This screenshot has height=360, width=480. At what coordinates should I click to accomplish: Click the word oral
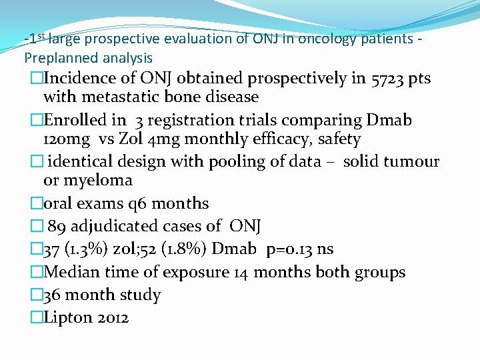point(58,204)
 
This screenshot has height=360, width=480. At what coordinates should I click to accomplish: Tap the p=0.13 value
point(289,249)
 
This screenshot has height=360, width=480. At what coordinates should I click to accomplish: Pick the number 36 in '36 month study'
point(53,295)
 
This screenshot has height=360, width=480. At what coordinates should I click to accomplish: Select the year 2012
point(113,318)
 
